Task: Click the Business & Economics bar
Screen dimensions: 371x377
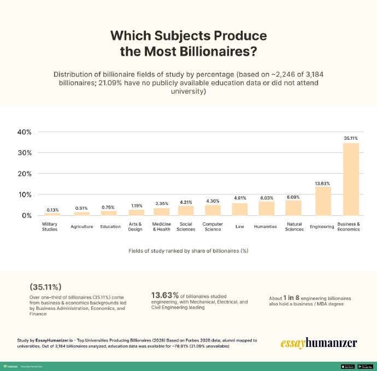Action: (x=350, y=179)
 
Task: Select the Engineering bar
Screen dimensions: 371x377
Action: (x=323, y=201)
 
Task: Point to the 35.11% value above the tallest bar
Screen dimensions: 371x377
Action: (x=351, y=139)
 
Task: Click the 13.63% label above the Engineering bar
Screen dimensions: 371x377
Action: (x=322, y=183)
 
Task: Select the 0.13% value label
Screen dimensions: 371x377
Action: (x=53, y=210)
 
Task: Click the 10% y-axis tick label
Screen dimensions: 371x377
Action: (x=26, y=195)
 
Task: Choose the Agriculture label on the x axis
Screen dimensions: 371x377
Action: (x=81, y=227)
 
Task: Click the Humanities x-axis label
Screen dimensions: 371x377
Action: (x=266, y=227)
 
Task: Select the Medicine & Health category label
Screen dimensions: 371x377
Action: (x=161, y=227)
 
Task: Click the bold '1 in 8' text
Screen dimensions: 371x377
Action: (x=294, y=298)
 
